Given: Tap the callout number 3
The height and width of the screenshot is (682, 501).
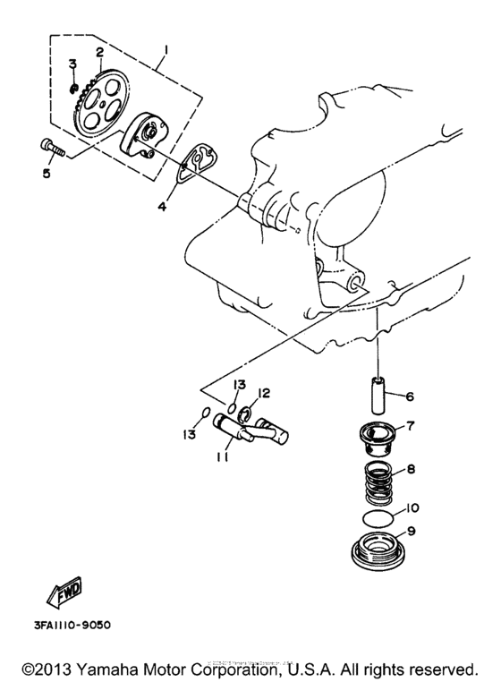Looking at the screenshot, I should pos(72,63).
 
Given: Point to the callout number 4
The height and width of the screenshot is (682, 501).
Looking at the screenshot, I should pos(162,207).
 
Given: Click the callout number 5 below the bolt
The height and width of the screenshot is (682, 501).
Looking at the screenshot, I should pos(46,174).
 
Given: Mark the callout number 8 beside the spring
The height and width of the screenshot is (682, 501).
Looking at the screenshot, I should pos(410,467).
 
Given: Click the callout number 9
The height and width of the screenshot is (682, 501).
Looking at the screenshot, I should pos(410,530).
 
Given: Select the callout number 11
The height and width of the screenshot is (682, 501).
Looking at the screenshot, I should pos(221,456).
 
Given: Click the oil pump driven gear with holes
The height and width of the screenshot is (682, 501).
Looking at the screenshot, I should pos(99,99).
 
